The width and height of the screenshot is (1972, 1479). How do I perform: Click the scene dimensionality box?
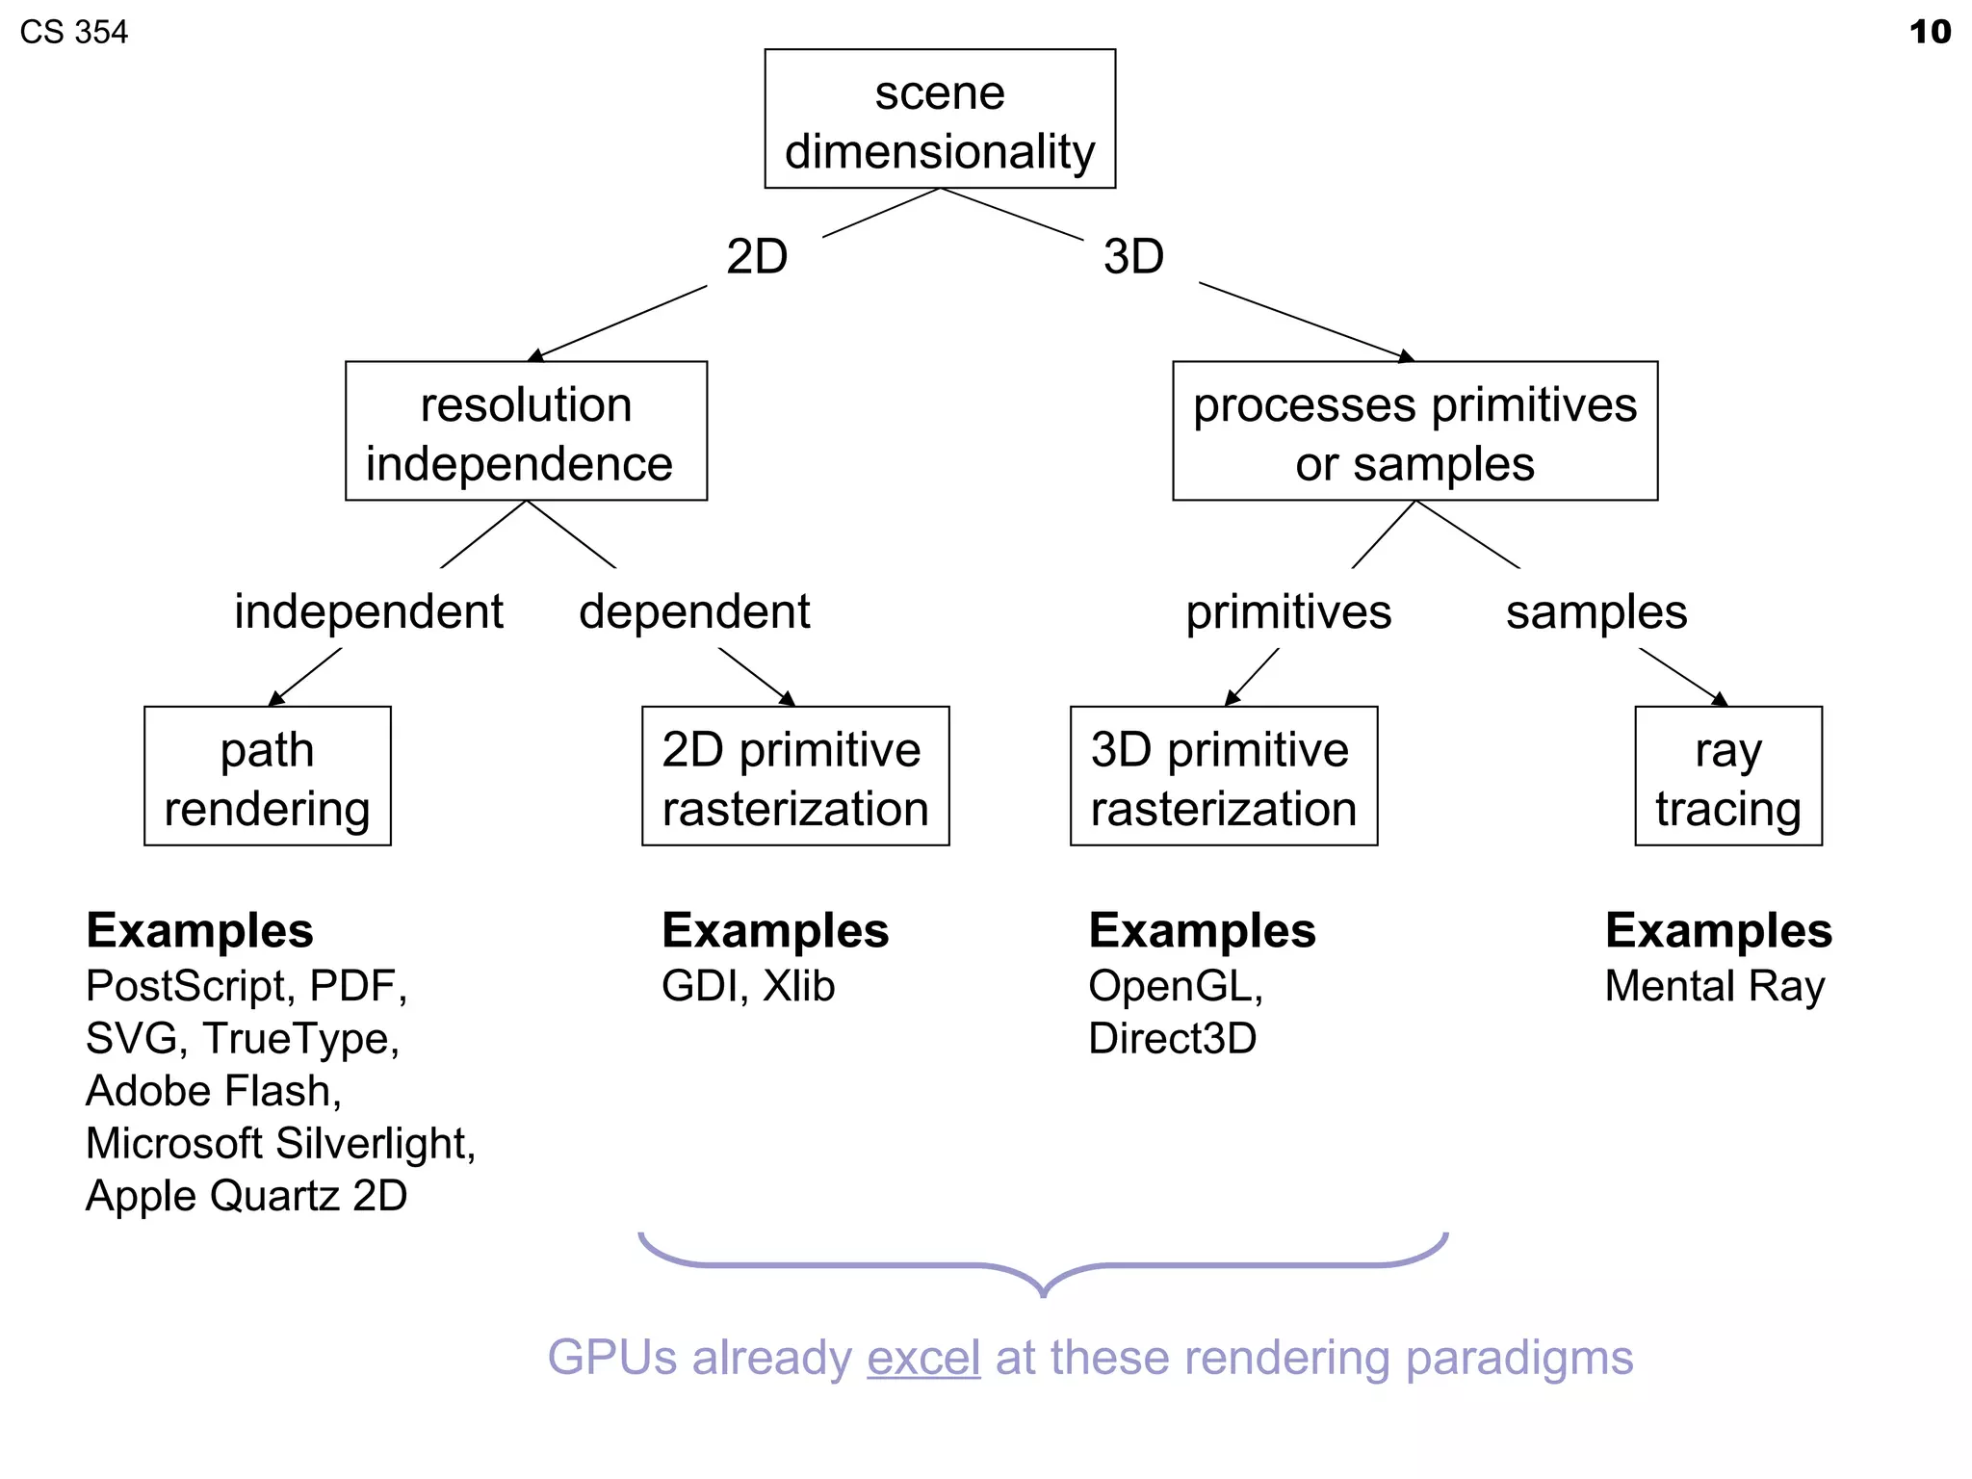coord(940,119)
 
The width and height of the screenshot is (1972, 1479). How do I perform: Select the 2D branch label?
coord(757,257)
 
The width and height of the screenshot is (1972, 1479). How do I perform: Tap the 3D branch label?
coord(1133,257)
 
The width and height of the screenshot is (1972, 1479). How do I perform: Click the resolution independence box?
coord(526,431)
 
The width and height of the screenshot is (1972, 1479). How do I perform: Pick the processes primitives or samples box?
coord(1414,431)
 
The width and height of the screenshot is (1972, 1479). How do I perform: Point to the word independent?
coord(369,612)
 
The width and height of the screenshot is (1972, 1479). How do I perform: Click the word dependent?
coord(694,612)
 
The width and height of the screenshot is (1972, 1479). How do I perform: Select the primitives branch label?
coord(1288,612)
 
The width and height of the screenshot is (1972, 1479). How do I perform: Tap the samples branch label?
coord(1596,612)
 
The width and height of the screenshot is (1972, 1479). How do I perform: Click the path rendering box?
coord(268,776)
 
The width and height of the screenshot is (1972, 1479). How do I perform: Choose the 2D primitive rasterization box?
coord(795,776)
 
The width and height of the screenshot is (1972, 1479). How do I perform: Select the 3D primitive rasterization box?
coord(1224,776)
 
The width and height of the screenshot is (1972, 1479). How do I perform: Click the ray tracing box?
coord(1728,776)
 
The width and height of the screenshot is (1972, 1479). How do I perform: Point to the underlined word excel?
coord(923,1358)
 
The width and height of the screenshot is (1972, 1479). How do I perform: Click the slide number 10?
coord(1930,32)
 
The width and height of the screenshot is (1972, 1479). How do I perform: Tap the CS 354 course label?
coord(74,33)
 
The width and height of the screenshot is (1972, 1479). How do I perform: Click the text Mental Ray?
coord(1715,986)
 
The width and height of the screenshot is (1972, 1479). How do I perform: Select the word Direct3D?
coord(1172,1039)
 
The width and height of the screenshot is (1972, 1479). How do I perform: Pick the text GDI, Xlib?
coord(748,986)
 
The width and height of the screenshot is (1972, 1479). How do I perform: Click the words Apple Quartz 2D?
coord(246,1196)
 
